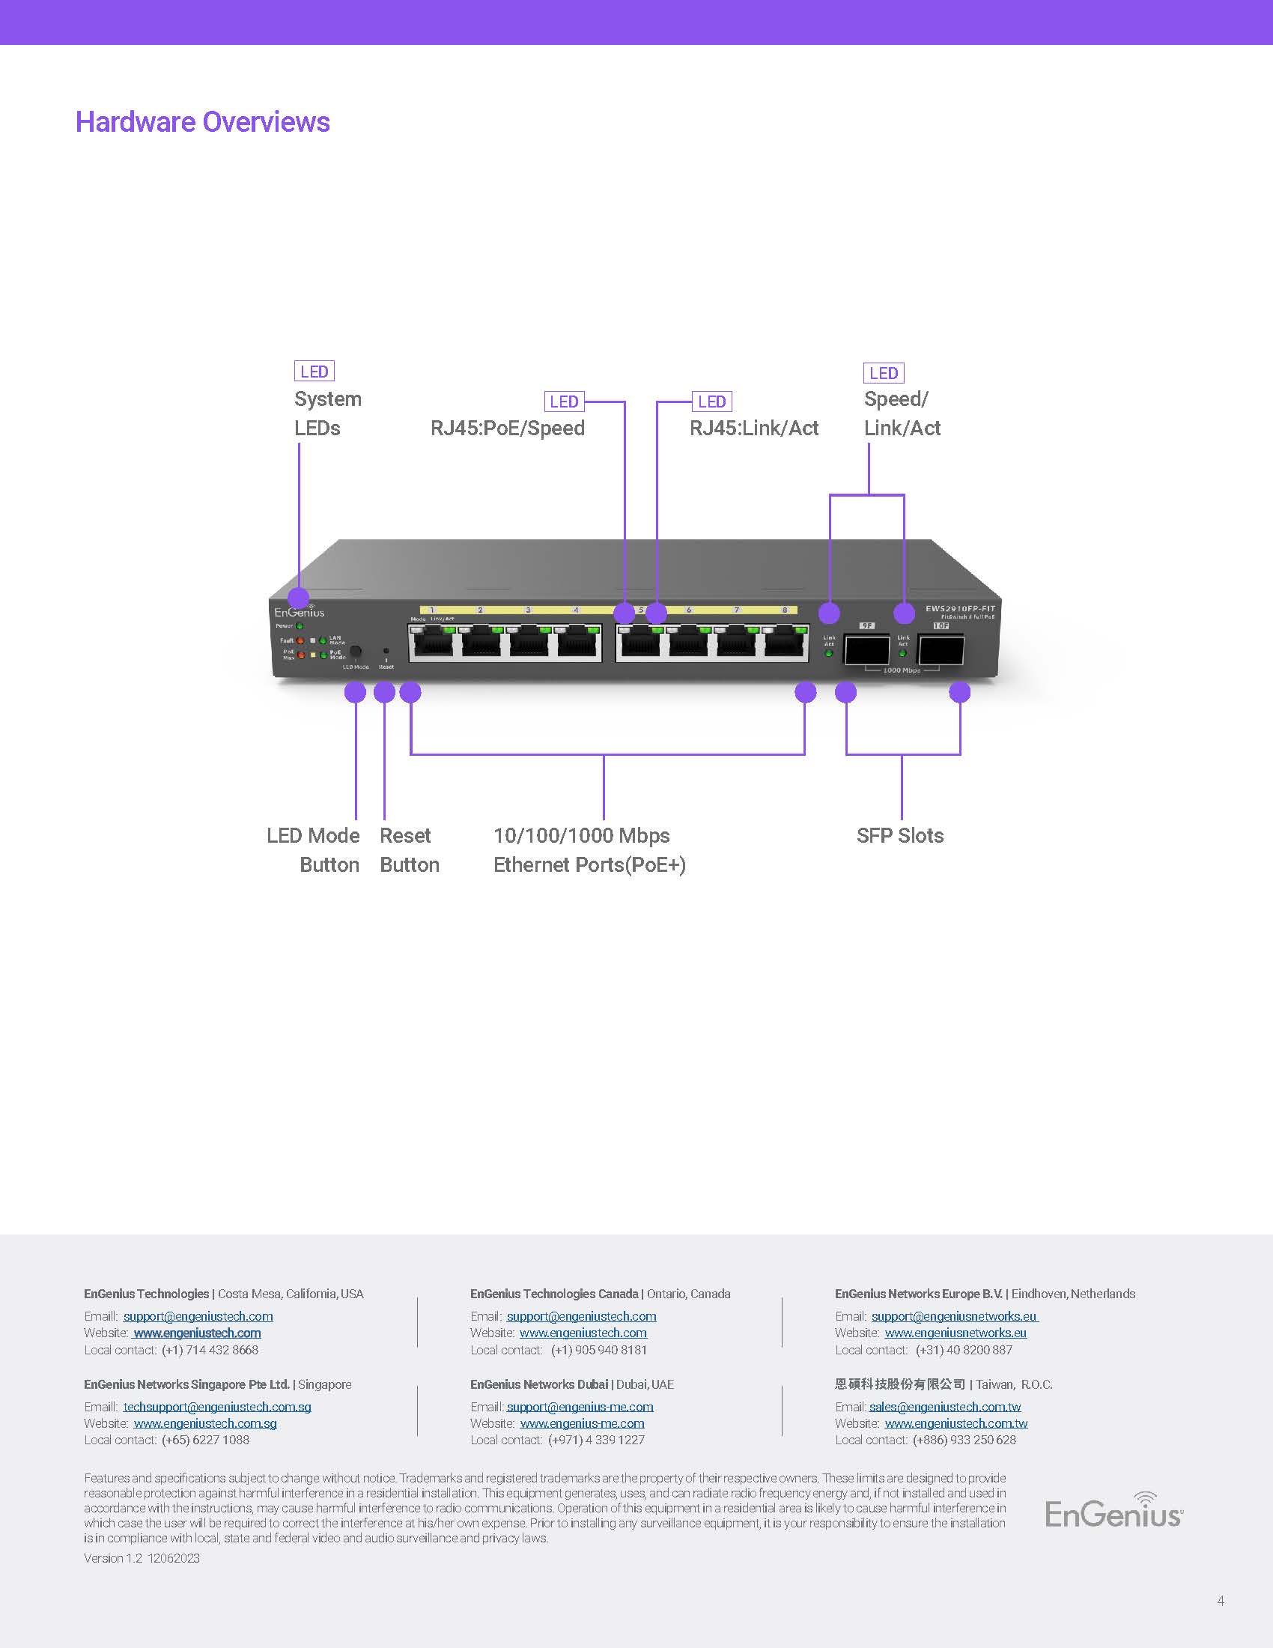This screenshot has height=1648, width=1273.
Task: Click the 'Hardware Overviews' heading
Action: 202,122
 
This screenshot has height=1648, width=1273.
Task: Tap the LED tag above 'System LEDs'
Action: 314,372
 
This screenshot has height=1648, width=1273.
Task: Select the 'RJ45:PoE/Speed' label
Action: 508,428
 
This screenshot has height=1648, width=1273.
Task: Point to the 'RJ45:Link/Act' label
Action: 753,428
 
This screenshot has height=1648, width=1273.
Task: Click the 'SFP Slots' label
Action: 899,835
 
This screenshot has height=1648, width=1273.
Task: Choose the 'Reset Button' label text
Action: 409,849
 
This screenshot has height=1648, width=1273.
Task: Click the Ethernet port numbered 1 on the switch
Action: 431,643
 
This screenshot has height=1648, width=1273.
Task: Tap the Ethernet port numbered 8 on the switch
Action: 786,643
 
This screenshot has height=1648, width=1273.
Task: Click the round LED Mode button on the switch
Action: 354,651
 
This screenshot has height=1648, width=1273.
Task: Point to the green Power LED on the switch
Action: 300,626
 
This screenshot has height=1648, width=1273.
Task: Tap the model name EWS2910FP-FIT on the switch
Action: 960,608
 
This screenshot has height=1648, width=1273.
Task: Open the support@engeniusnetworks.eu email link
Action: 954,1316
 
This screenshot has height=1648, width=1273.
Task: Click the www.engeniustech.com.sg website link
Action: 205,1423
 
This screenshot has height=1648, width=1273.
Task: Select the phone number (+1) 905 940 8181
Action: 599,1350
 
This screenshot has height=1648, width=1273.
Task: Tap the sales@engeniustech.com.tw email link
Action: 945,1407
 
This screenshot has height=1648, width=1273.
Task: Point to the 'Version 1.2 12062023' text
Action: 142,1558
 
